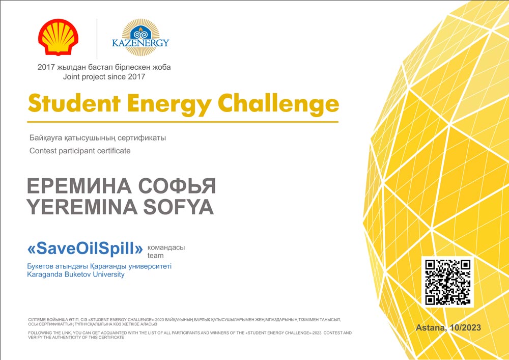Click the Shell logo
[x=58, y=37]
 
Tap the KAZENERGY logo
[x=140, y=37]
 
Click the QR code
[x=447, y=282]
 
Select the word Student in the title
[x=74, y=103]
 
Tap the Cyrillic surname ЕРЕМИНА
[x=79, y=186]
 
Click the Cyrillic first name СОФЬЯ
[x=177, y=186]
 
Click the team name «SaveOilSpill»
[x=85, y=248]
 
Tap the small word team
[x=155, y=256]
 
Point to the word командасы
[x=166, y=247]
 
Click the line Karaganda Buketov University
[x=76, y=274]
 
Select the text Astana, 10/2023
[x=448, y=327]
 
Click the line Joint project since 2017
[x=104, y=77]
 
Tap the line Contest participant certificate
[x=80, y=151]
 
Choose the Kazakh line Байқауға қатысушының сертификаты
[x=98, y=138]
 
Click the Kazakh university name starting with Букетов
[x=99, y=266]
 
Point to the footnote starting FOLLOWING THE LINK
[x=190, y=335]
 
